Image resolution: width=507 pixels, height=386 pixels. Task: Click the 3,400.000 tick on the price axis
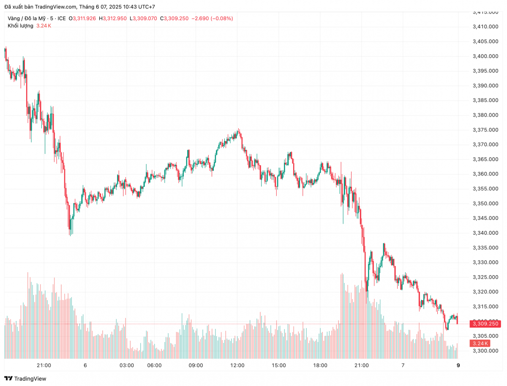coord(485,56)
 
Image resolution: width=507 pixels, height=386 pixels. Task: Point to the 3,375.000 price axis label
coord(485,130)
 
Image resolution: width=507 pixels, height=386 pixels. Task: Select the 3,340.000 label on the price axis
coord(485,233)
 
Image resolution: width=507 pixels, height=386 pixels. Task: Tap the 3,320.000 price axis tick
coord(485,292)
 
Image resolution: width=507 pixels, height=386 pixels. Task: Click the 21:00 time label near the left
coord(44,366)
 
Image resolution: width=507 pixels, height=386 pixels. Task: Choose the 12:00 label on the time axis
coord(237,366)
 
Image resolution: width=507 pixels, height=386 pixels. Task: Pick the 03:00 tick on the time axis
coord(127,366)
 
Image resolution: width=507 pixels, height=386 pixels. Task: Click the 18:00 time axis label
coord(320,366)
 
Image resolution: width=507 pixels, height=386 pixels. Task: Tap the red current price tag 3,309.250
coord(485,324)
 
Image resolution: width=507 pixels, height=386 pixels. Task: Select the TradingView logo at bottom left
coord(25,378)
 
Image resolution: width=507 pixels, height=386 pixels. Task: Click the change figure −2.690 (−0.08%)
coord(212,18)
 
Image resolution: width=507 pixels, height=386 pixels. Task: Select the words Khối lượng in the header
coord(20,26)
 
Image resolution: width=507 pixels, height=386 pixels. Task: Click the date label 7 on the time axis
coord(403,366)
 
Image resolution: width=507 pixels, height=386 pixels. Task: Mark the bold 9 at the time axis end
coord(458,366)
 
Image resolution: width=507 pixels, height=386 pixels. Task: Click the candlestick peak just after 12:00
coord(239,130)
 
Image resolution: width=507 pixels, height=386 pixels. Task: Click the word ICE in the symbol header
coord(62,18)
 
